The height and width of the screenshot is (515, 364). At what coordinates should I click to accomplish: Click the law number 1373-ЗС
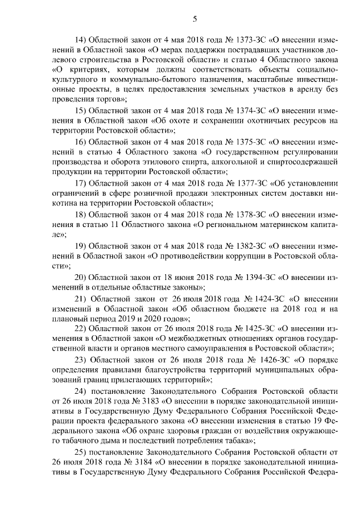tap(238, 41)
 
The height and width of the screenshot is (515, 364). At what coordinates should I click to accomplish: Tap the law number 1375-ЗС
tap(238, 142)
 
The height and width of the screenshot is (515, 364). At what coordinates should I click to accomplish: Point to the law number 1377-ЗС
tap(238, 183)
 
